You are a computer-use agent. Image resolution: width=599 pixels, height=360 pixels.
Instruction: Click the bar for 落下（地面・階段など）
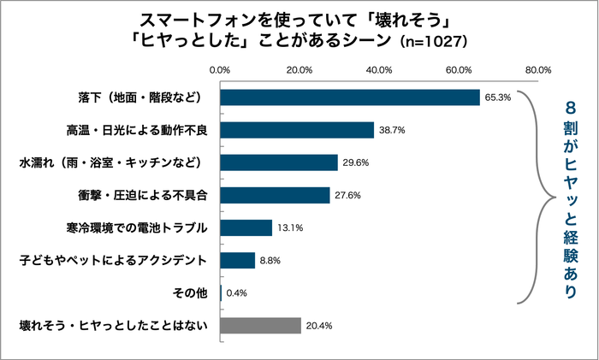point(350,97)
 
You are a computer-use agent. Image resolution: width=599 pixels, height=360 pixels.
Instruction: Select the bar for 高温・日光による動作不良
point(297,130)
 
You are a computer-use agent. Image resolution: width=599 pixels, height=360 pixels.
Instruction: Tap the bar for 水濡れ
point(279,162)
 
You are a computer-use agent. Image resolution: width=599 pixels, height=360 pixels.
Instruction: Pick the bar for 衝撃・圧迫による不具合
point(275,195)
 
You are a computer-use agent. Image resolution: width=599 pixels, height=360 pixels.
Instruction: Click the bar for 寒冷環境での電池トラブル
point(246,227)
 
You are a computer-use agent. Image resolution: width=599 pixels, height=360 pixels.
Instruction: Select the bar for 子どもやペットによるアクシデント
point(238,260)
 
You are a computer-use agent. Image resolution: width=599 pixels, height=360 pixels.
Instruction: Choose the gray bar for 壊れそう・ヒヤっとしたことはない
point(261,325)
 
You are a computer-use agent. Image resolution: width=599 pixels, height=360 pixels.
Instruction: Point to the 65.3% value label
point(497,97)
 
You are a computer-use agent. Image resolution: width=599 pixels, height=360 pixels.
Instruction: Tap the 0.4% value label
point(236,293)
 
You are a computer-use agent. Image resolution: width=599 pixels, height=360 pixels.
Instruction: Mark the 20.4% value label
point(318,326)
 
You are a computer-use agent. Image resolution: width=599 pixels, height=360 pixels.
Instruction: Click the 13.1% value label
point(289,228)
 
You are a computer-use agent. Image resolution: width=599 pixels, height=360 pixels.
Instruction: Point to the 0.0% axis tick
point(221,69)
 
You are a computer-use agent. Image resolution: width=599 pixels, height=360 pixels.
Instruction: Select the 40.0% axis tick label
point(379,69)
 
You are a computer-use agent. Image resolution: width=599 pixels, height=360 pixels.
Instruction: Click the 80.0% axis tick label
point(538,69)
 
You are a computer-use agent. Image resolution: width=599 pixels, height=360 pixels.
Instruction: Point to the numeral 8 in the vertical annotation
point(570,109)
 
